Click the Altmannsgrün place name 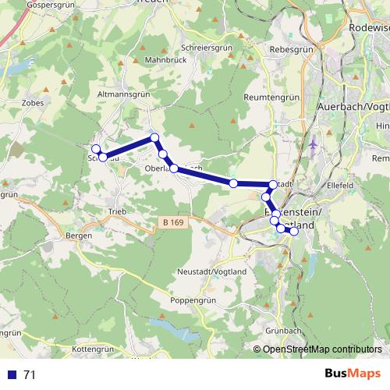click(x=122, y=94)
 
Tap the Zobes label click(x=34, y=101)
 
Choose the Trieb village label click(x=118, y=212)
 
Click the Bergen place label click(x=79, y=235)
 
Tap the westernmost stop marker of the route click(x=96, y=149)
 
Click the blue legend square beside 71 click(x=12, y=374)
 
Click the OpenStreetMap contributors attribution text click(x=322, y=349)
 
